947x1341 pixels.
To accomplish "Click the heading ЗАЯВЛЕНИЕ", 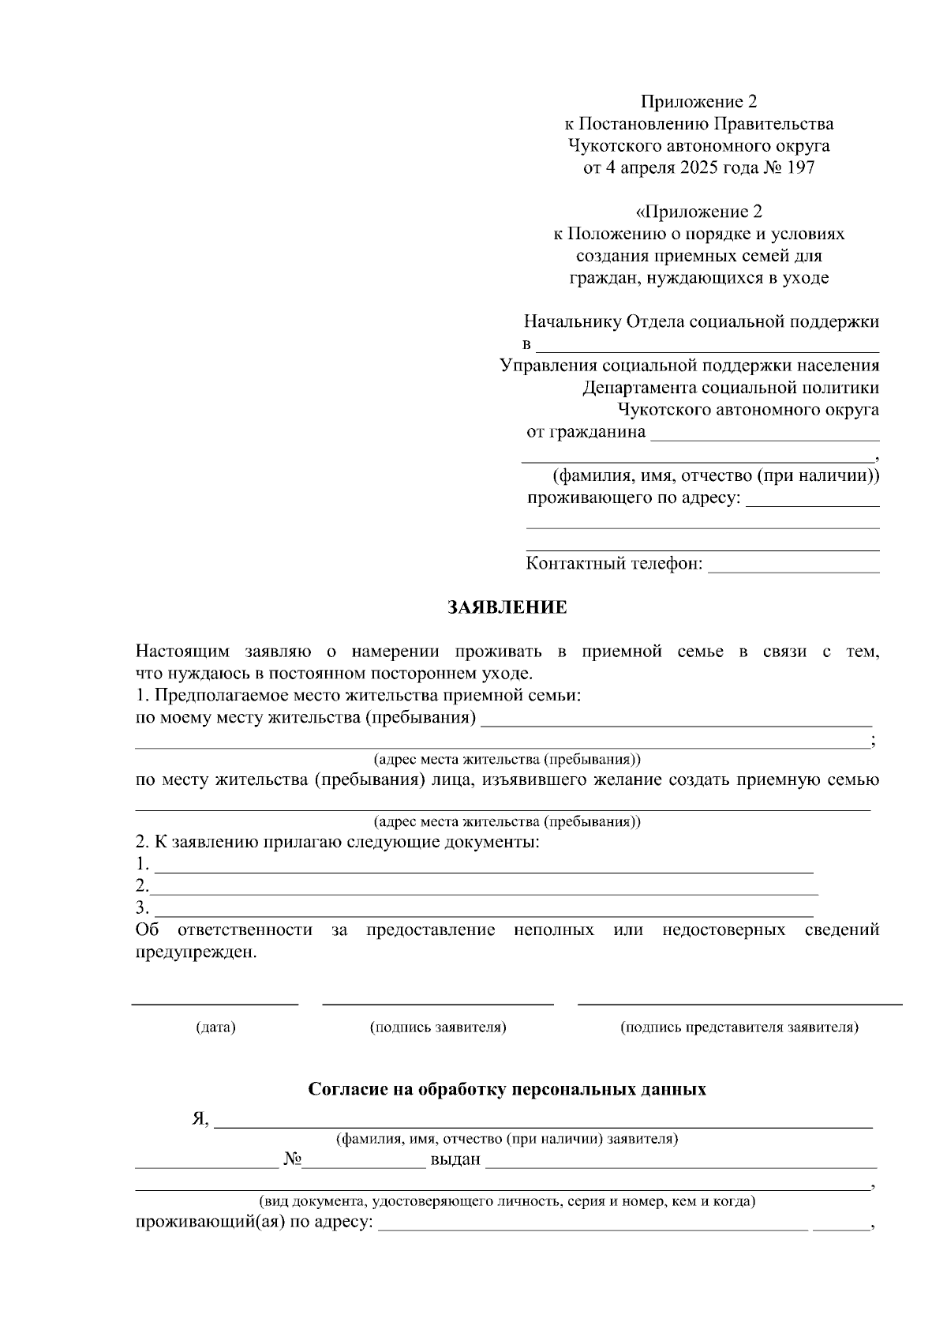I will pyautogui.click(x=507, y=607).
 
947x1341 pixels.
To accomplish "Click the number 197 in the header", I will pyautogui.click(x=799, y=167).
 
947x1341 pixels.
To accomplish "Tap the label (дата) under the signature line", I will pyautogui.click(x=215, y=1027).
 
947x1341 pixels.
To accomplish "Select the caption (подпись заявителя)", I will pyautogui.click(x=438, y=1027).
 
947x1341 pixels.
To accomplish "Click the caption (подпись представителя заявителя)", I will pyautogui.click(x=739, y=1027).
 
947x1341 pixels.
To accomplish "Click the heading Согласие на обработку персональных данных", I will pyautogui.click(x=507, y=1089).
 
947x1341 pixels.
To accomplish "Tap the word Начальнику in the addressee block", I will pyautogui.click(x=572, y=321).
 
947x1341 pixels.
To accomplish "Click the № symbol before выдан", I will pyautogui.click(x=294, y=1159).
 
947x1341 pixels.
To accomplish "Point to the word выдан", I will pyautogui.click(x=455, y=1159).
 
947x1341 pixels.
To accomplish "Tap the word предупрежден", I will pyautogui.click(x=197, y=952).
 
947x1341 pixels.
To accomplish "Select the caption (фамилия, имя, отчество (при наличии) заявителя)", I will pyautogui.click(x=507, y=1139).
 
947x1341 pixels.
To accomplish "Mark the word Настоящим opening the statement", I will pyautogui.click(x=182, y=652).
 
